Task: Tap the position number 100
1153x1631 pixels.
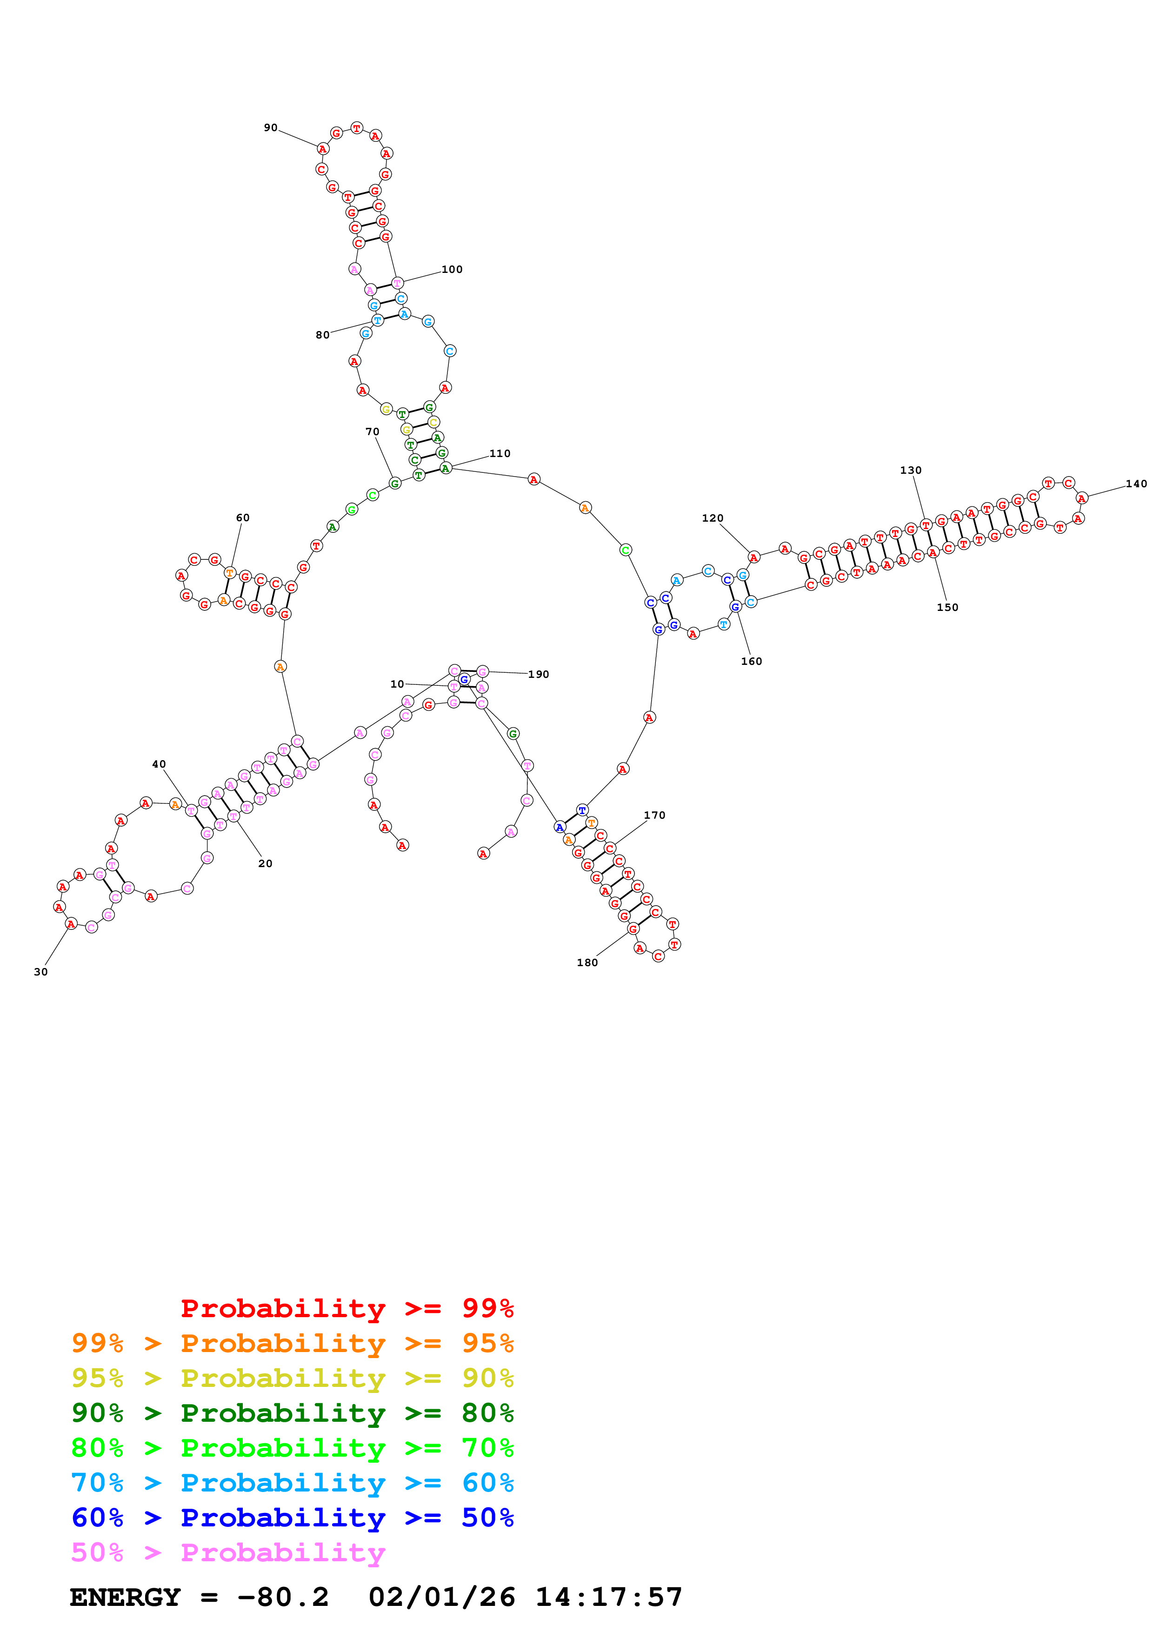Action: (x=452, y=269)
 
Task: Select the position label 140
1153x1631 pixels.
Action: (x=1136, y=484)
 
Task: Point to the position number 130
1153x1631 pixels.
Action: (x=911, y=470)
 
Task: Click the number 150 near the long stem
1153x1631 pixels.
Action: (x=947, y=607)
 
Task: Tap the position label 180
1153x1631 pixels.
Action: (x=587, y=962)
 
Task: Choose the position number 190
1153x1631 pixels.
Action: (x=539, y=674)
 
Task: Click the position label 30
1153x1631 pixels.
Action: (x=40, y=972)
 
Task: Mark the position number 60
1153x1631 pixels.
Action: (x=243, y=518)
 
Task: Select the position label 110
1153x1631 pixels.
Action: (x=500, y=453)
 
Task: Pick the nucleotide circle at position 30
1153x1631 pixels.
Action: (x=70, y=923)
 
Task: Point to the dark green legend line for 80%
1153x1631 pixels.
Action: (x=293, y=1413)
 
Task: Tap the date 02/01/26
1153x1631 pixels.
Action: (x=442, y=1597)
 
